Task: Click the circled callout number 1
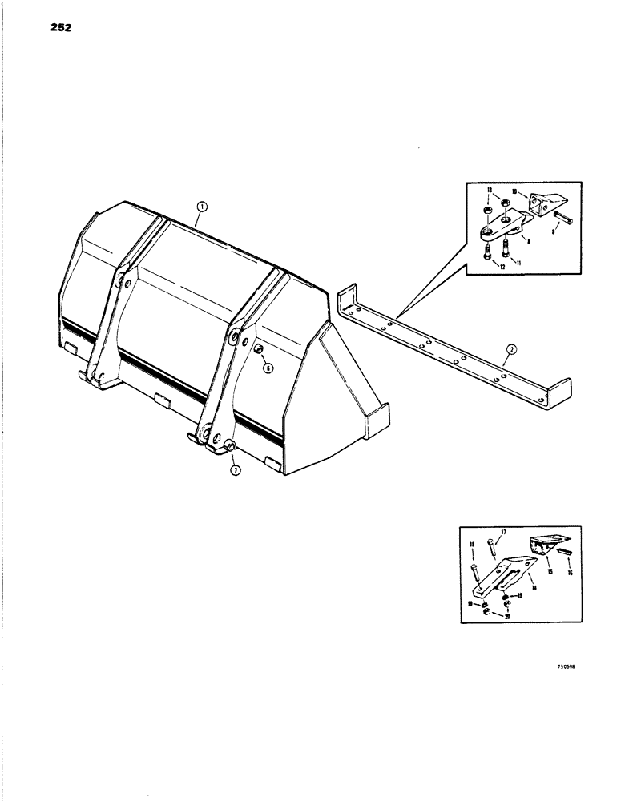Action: tap(202, 206)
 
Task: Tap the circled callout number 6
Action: tap(268, 368)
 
